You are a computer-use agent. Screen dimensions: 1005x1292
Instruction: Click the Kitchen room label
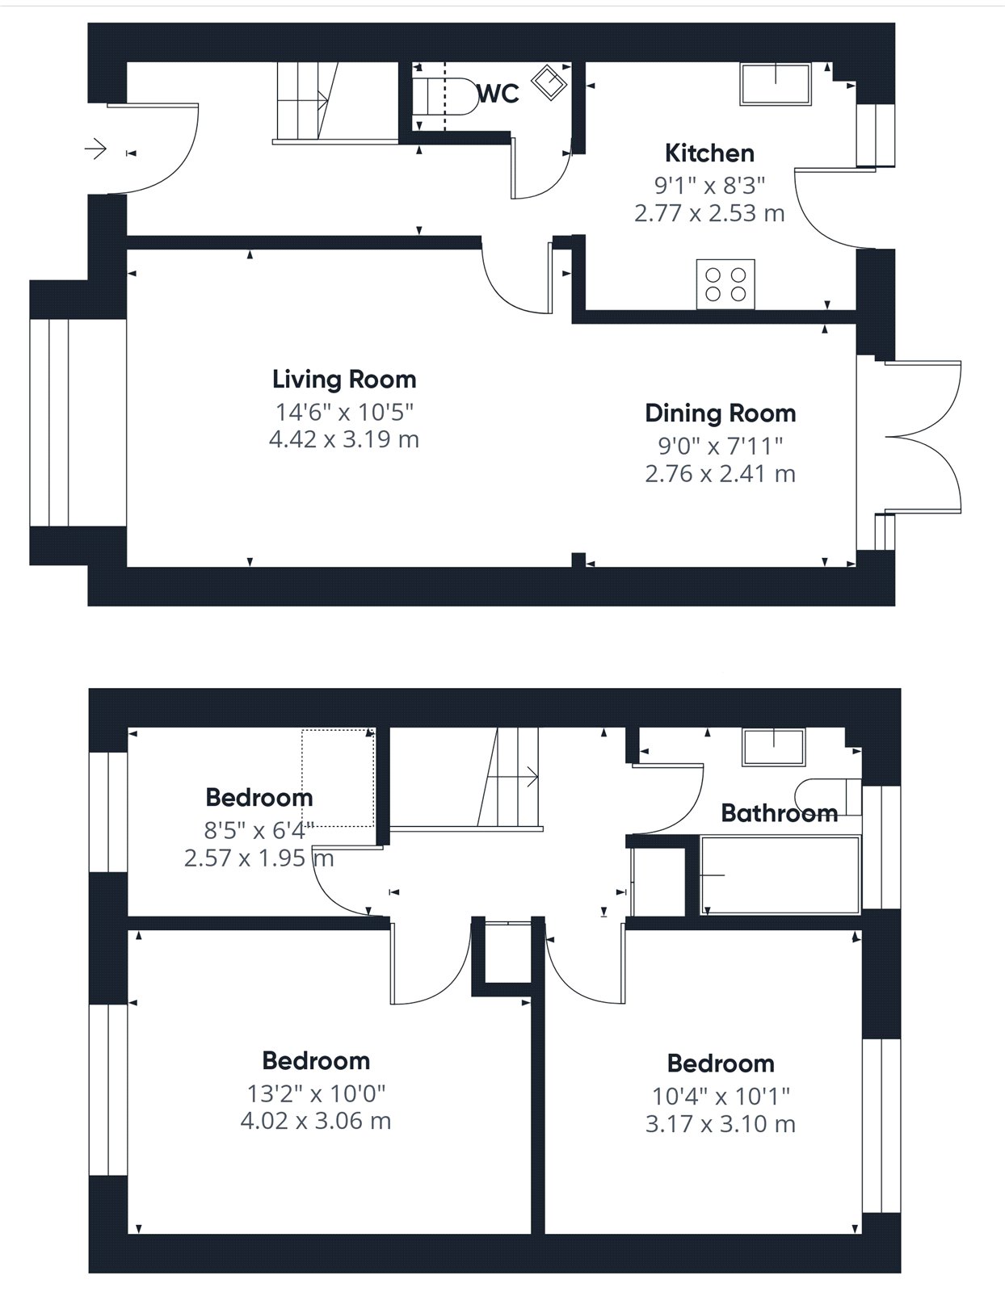click(709, 153)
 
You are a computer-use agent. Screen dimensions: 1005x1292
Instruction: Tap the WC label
click(498, 94)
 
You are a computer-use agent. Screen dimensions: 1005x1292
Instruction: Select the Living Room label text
click(343, 380)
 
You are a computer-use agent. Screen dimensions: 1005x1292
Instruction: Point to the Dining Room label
click(720, 413)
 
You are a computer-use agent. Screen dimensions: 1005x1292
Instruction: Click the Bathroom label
click(779, 813)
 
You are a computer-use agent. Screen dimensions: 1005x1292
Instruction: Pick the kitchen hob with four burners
click(725, 284)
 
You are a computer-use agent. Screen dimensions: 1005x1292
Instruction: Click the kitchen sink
click(776, 84)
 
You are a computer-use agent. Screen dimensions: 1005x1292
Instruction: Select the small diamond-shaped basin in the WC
click(549, 82)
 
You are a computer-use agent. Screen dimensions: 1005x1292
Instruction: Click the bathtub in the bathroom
click(780, 875)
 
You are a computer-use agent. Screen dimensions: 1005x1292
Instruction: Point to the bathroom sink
click(773, 747)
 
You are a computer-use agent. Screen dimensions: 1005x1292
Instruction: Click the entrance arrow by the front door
click(95, 148)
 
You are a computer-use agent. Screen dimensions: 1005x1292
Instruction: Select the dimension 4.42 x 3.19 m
click(343, 439)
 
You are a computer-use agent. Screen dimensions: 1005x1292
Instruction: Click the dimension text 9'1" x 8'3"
click(709, 186)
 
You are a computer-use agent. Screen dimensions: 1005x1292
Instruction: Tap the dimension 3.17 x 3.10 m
click(720, 1124)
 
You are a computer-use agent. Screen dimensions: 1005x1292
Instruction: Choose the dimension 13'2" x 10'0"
click(316, 1093)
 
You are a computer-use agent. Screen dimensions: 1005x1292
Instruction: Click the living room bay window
click(78, 423)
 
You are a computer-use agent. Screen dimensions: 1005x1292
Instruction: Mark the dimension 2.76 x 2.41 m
click(720, 474)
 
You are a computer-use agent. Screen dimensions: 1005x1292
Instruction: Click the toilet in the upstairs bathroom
click(828, 797)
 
